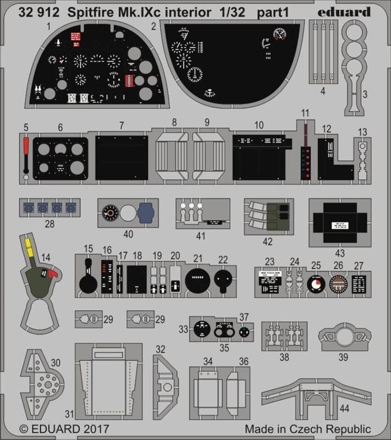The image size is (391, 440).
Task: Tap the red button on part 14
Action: pos(53,273)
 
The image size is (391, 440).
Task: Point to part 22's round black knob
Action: pos(222,279)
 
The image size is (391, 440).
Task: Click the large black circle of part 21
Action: pos(198,280)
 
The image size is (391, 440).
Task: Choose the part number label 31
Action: pos(68,414)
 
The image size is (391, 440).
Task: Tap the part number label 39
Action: pos(342,357)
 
